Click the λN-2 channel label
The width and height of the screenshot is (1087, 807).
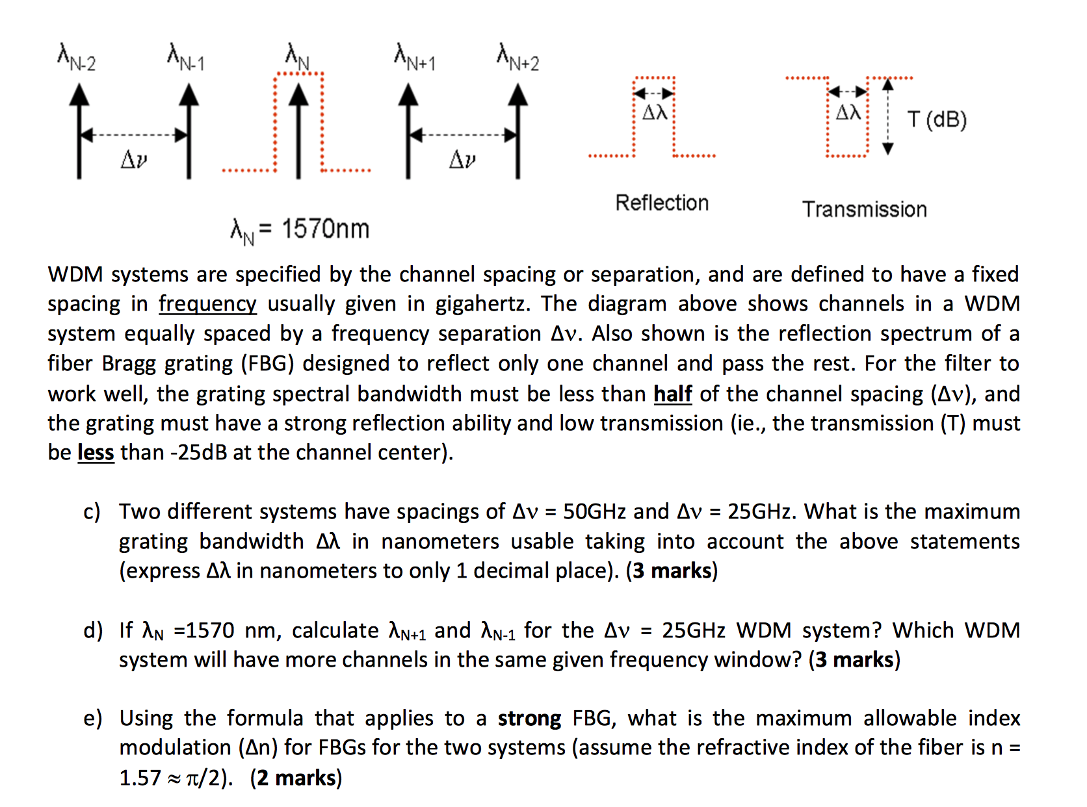click(77, 57)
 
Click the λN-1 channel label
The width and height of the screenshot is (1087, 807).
click(186, 57)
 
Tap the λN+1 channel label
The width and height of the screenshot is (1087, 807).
click(415, 57)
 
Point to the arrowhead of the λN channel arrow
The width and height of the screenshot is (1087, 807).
click(298, 94)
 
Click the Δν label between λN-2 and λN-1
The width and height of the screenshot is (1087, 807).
click(134, 159)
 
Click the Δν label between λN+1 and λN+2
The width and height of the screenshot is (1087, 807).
click(462, 159)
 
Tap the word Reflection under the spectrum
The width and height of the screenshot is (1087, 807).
click(662, 203)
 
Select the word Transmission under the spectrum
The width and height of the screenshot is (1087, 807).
click(864, 209)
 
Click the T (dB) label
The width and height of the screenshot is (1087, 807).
click(937, 120)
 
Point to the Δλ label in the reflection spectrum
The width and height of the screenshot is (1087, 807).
click(655, 113)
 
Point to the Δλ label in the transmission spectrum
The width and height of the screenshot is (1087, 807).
click(848, 113)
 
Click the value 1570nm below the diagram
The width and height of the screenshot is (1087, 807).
click(325, 229)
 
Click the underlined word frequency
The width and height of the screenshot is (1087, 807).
click(207, 304)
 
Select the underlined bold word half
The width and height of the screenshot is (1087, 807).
click(672, 394)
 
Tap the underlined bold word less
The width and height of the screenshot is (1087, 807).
click(96, 452)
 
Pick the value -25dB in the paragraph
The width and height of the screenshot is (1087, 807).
click(198, 452)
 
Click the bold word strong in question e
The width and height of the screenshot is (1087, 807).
click(529, 718)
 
